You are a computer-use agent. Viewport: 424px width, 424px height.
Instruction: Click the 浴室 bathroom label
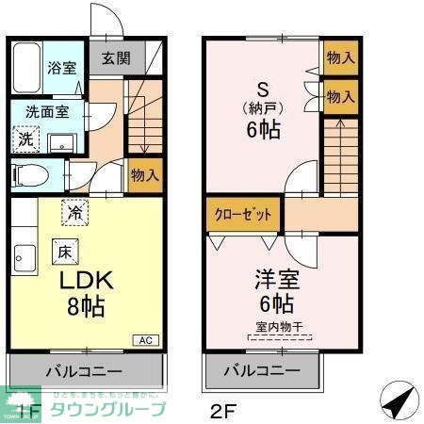pyautogui.click(x=63, y=69)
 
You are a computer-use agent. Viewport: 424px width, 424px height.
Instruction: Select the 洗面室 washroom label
pyautogui.click(x=46, y=111)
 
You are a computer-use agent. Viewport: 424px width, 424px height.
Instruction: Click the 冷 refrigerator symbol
pyautogui.click(x=73, y=213)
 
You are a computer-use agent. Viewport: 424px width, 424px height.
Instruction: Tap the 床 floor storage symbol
pyautogui.click(x=64, y=252)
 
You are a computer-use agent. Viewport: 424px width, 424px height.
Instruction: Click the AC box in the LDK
pyautogui.click(x=147, y=340)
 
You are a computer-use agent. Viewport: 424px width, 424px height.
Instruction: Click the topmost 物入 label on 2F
pyautogui.click(x=340, y=57)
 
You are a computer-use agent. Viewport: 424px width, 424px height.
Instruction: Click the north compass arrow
pyautogui.click(x=398, y=400)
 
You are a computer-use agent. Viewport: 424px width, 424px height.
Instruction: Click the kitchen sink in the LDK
pyautogui.click(x=22, y=255)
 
